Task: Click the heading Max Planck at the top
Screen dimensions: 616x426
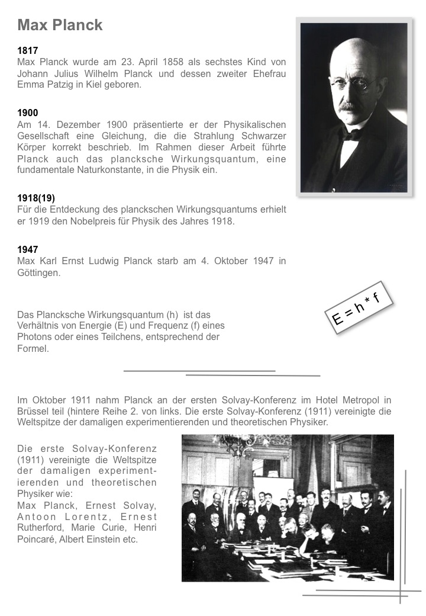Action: click(x=60, y=25)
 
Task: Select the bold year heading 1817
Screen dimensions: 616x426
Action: click(x=28, y=51)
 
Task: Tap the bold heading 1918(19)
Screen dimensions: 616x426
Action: click(x=36, y=198)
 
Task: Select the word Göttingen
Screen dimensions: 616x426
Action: click(x=39, y=273)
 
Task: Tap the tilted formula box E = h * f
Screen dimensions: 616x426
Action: click(x=356, y=307)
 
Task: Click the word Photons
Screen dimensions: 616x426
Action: click(x=35, y=337)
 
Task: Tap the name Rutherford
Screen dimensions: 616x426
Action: click(x=40, y=528)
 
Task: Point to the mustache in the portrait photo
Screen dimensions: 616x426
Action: click(x=350, y=107)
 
